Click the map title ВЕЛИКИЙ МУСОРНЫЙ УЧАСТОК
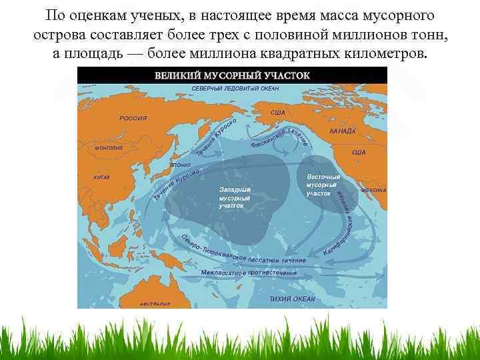point(232,75)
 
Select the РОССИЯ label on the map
point(133,118)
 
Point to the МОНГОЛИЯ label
point(109,148)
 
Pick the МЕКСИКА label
point(373,189)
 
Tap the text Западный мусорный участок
point(235,198)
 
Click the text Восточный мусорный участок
point(323,185)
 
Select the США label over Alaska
point(277,113)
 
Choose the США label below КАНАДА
point(358,152)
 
